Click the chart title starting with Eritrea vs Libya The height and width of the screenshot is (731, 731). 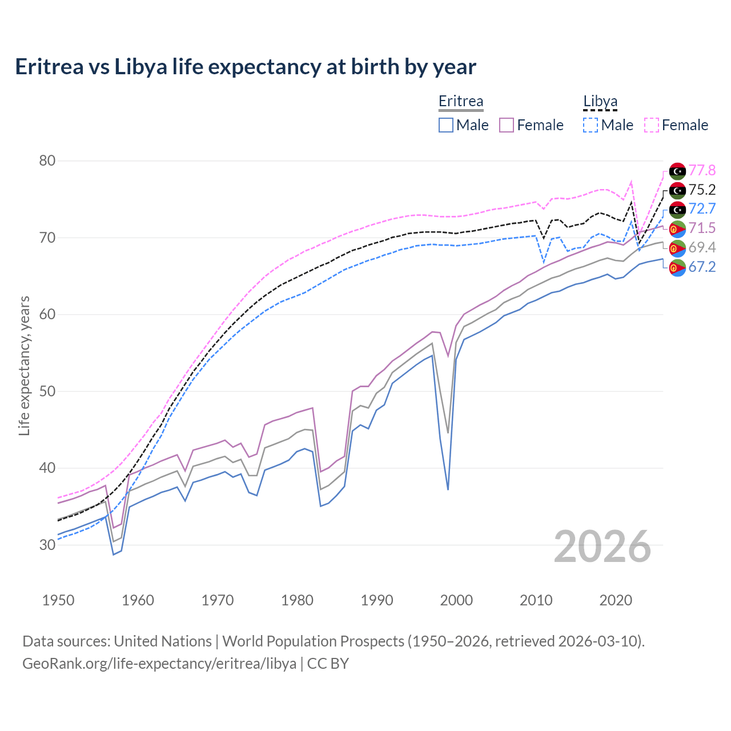point(246,67)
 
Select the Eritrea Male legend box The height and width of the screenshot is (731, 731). point(446,125)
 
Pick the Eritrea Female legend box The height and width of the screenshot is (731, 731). point(507,125)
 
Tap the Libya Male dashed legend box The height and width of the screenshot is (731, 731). point(591,125)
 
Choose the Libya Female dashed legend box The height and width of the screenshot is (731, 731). point(652,125)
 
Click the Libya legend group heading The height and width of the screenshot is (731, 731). point(600,102)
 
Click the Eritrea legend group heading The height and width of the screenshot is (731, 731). point(461,102)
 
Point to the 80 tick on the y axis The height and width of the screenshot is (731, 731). point(47,161)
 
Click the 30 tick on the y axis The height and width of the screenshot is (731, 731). point(47,545)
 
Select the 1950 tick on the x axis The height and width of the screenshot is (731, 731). point(58,600)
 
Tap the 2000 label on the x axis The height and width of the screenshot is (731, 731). point(456,600)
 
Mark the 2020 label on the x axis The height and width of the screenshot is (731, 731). point(616,600)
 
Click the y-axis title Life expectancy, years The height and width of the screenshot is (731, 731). point(24,365)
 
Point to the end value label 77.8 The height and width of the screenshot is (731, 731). point(702,171)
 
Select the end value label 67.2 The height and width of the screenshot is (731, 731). point(702,267)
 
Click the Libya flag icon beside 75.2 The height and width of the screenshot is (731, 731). point(677,190)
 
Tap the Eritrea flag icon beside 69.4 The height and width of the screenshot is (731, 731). point(677,248)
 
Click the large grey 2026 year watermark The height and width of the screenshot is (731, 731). point(603,547)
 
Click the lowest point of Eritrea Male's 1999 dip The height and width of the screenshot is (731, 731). point(448,489)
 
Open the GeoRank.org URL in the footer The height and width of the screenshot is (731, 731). point(159,664)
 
